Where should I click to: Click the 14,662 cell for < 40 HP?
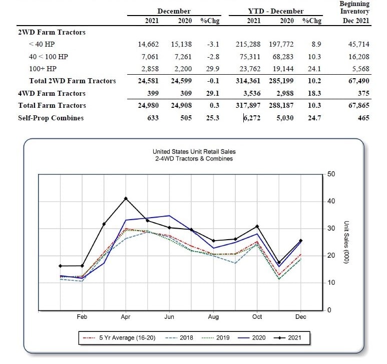tap(148, 44)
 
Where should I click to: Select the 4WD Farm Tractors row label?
tap(52, 93)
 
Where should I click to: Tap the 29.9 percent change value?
tap(212, 69)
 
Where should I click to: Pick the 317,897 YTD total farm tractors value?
tap(248, 105)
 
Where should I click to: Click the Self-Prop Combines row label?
tap(51, 118)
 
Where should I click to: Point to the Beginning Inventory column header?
tap(354, 8)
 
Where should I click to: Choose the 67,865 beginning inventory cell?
tap(359, 105)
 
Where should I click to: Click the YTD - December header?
tap(276, 11)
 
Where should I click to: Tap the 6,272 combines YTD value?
tap(252, 118)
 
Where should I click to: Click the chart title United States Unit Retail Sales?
tap(194, 151)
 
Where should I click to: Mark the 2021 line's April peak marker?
tap(126, 199)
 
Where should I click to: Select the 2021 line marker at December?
tap(300, 241)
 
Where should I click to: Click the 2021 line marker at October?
tap(257, 226)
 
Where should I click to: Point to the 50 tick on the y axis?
tap(331, 174)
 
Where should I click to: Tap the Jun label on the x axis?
tap(169, 317)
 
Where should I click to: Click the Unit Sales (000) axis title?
tap(346, 242)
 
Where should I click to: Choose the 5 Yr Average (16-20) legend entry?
tap(119, 338)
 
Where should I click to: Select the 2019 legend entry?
tap(215, 338)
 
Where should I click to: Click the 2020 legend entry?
tap(251, 338)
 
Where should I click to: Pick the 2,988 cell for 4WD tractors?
tap(285, 93)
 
